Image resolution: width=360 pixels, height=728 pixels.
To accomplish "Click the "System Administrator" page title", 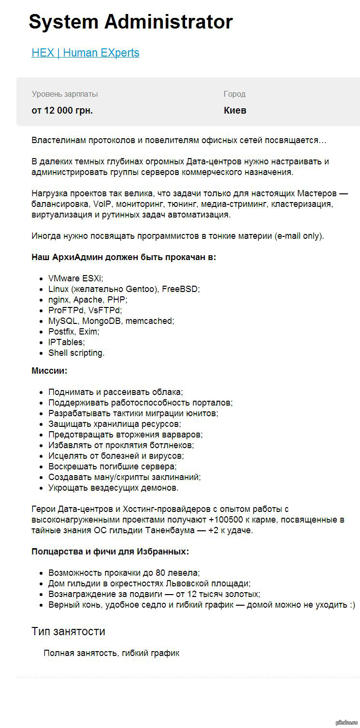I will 130,22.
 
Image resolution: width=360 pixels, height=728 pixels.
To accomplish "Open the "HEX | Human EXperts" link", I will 86,53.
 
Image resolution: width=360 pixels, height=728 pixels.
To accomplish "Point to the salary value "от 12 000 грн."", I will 62,110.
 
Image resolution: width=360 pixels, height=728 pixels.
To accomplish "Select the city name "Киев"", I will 235,110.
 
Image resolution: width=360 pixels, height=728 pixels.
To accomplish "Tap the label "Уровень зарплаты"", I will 65,94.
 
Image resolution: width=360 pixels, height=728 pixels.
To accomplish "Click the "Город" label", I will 234,94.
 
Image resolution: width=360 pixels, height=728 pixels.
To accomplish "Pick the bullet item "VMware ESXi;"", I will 75,278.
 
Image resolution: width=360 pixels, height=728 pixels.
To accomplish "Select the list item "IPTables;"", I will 66,342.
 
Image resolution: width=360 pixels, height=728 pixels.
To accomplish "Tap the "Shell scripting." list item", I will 76,353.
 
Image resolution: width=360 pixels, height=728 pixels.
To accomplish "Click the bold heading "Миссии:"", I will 49,371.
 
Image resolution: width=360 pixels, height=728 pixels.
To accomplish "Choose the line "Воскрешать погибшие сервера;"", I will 112,466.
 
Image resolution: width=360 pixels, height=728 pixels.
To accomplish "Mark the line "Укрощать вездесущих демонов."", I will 113,488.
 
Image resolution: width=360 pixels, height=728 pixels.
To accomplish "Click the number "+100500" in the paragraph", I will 227,520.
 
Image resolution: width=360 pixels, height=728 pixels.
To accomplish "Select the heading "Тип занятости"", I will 68,631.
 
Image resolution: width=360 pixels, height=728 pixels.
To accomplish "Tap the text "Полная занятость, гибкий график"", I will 111,653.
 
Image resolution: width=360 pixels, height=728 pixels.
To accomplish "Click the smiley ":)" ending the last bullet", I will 351,605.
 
